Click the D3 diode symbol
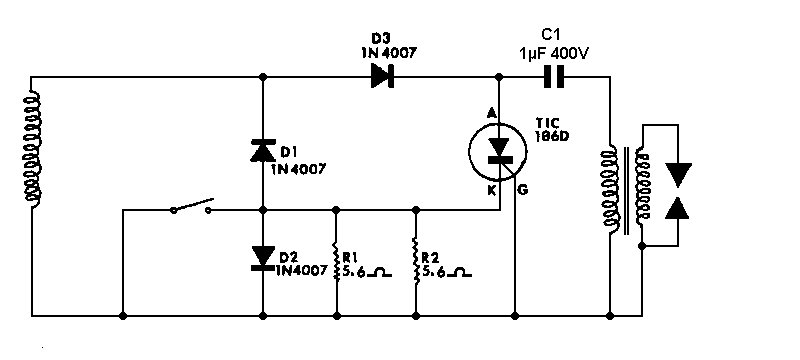381,76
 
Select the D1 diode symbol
262,151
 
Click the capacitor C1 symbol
552,76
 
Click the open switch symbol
191,208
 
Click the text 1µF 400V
552,52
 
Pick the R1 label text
347,255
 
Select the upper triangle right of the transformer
679,176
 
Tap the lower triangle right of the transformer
679,210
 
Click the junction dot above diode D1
262,76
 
